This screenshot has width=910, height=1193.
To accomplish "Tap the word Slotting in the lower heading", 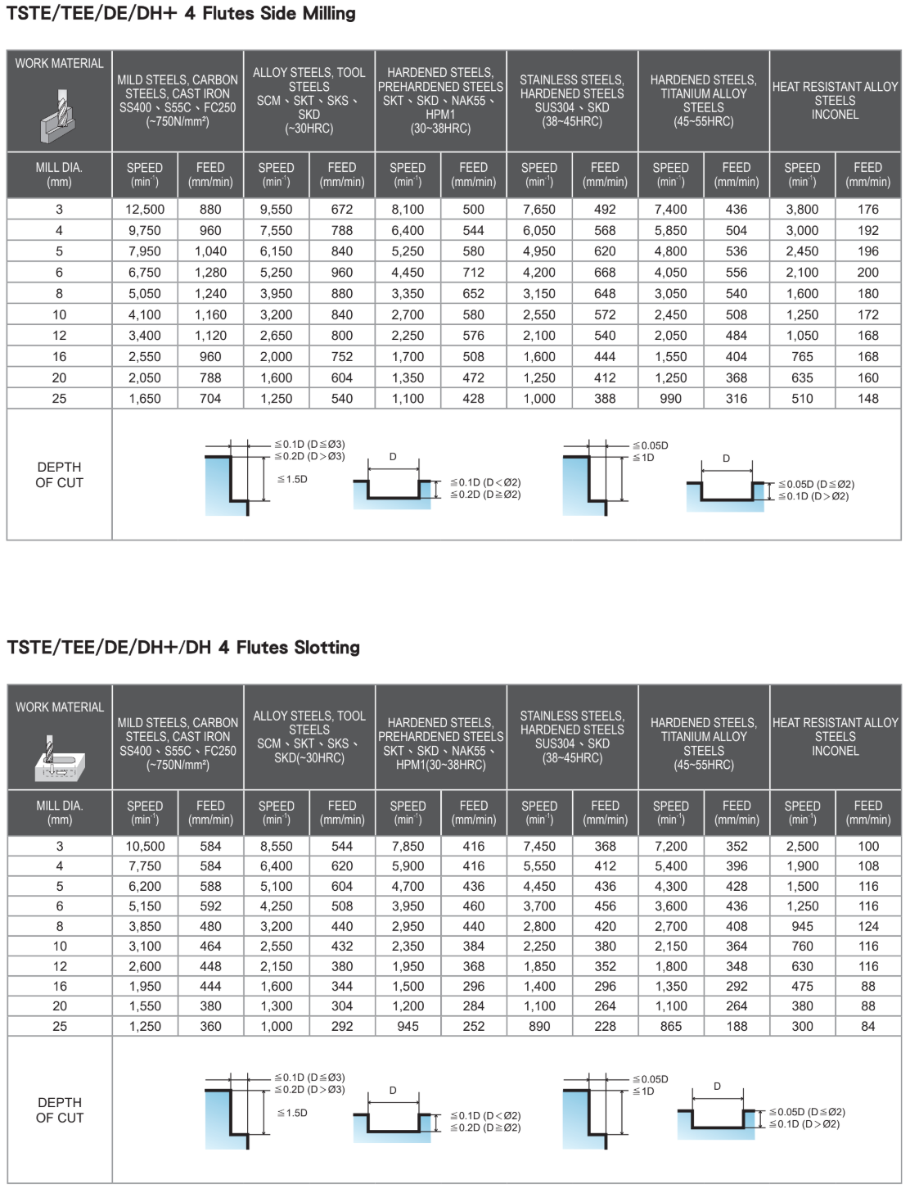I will tap(327, 648).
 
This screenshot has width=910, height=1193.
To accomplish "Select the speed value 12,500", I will tap(145, 210).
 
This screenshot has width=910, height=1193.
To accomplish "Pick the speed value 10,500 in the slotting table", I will tap(145, 847).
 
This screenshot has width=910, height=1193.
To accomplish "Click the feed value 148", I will tap(867, 399).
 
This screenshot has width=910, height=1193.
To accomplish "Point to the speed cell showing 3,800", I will tap(802, 210).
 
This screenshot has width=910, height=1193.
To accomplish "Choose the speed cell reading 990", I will tap(670, 399).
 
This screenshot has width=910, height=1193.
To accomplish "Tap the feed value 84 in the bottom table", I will tap(867, 1026).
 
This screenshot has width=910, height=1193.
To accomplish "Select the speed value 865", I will tap(670, 1026).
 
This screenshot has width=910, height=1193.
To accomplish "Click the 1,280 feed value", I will tap(210, 273).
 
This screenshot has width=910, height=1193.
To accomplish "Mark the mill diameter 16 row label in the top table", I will tap(59, 357).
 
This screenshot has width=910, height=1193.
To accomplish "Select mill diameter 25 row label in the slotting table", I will tap(60, 1026).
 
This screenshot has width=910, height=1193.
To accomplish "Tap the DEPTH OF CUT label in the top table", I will tap(59, 475).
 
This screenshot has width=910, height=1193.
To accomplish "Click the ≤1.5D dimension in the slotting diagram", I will tap(292, 1113).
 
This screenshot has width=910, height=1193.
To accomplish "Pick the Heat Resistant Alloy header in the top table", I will tap(835, 100).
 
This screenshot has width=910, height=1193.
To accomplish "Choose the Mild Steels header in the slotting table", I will tap(178, 743).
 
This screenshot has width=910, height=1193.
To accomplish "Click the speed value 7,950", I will tap(145, 251).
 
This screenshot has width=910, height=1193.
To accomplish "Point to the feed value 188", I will tap(737, 1026).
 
